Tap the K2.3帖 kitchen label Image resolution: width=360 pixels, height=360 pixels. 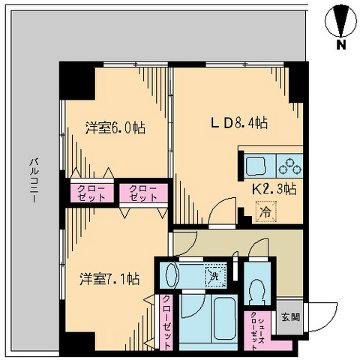click(x=273, y=190)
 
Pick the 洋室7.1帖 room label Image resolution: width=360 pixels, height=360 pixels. click(x=109, y=279)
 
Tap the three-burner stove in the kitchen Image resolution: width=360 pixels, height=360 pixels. click(x=288, y=164)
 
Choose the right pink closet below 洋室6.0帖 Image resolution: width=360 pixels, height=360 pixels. click(x=142, y=192)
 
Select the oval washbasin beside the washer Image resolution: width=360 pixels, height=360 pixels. click(x=170, y=274)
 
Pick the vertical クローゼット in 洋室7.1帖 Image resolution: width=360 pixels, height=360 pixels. click(x=166, y=321)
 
